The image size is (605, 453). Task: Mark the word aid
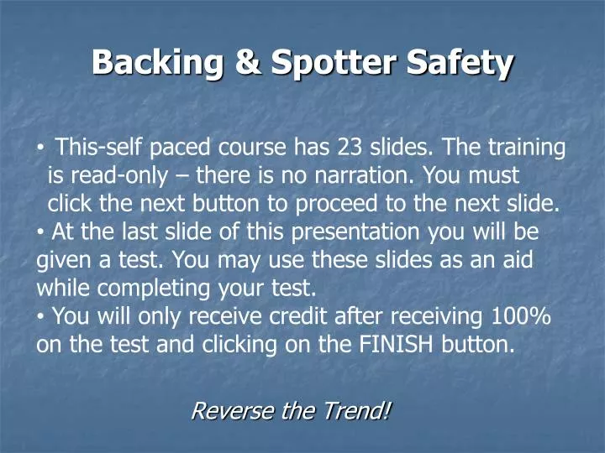[x=518, y=260]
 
